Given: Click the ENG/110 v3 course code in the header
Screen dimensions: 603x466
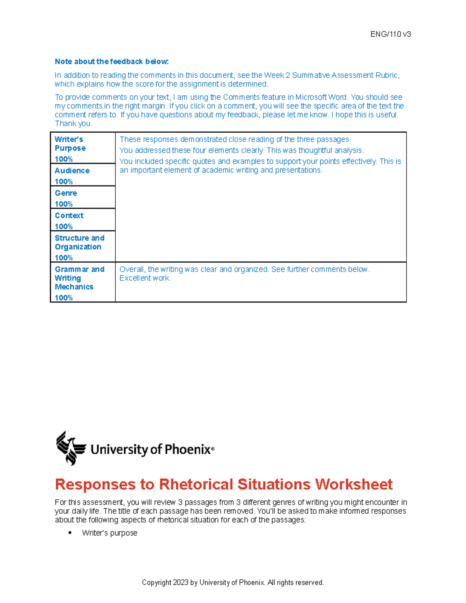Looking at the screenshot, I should [x=390, y=34].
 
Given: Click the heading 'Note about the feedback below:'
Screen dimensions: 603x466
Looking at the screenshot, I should [x=112, y=62].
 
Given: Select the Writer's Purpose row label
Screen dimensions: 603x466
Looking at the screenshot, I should [x=70, y=144].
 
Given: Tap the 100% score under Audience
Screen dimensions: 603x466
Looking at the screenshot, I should [x=64, y=181].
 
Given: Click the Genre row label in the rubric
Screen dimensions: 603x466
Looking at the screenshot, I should [x=66, y=193].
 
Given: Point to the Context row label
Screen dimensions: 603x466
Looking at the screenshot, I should [x=69, y=215].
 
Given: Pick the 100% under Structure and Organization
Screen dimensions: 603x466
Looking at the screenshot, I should [x=64, y=257].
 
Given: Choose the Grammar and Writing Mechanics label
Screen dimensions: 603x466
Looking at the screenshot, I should [x=79, y=278].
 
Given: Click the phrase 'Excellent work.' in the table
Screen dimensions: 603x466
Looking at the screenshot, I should [x=145, y=278].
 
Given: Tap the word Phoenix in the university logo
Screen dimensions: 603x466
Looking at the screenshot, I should [x=187, y=449].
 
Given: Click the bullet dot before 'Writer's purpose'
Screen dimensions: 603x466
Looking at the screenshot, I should [x=70, y=533].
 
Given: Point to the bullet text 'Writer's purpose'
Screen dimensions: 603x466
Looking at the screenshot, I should [x=110, y=533].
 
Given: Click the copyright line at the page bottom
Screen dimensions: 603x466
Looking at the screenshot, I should [x=233, y=582].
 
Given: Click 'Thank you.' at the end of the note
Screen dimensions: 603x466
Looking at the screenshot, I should [x=73, y=123].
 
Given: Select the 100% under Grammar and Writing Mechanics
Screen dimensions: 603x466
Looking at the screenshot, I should [x=64, y=297].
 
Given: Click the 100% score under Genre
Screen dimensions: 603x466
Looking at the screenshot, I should [x=64, y=204].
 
